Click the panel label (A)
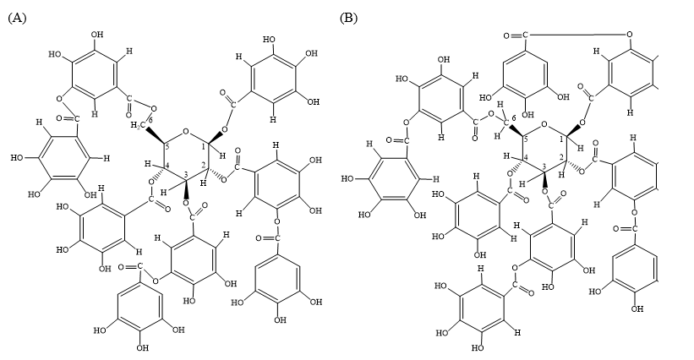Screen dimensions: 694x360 17,18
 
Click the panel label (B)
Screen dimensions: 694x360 349,18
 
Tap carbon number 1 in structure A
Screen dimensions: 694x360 204,147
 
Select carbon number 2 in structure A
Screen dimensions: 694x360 204,165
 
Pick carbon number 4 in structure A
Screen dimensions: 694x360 167,166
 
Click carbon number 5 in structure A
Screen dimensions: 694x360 167,147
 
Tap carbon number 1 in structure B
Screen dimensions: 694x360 562,139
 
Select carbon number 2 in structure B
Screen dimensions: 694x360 561,158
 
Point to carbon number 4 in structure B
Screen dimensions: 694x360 526,158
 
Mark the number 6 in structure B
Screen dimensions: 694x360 513,117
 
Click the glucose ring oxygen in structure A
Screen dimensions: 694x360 186,131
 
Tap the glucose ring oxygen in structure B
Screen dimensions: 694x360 545,125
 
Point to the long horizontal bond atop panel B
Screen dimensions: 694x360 577,34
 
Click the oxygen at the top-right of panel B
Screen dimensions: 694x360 630,34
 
